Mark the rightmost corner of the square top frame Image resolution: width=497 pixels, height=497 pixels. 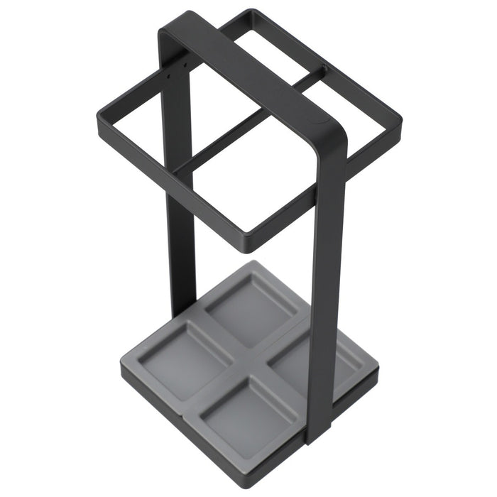click(400, 116)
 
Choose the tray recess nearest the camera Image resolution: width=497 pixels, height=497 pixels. click(241, 412)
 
